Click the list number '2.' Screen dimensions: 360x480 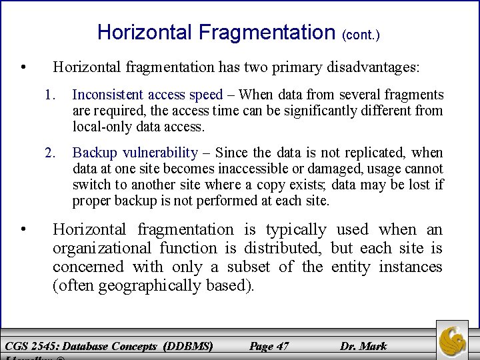tap(51, 153)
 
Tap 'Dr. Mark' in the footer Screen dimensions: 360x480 tap(363, 345)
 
